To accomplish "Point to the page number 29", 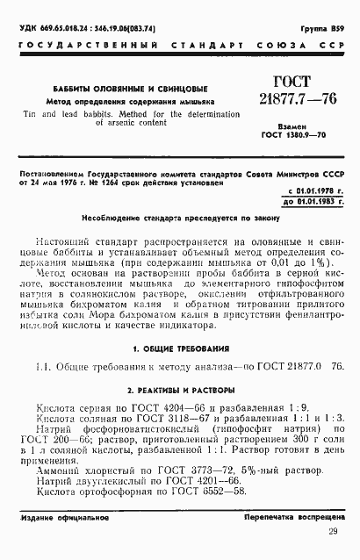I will click(x=332, y=532).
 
